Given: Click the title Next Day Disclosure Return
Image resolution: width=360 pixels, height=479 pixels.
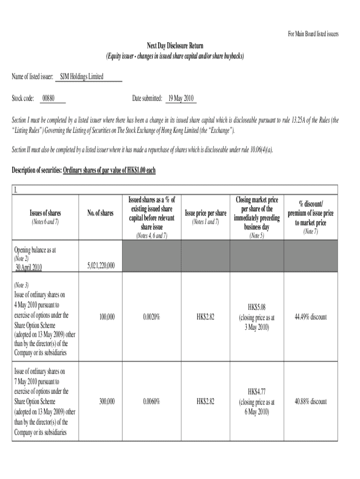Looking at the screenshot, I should tap(175, 46).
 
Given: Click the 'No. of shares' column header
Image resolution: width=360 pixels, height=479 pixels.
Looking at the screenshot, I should tap(100, 213).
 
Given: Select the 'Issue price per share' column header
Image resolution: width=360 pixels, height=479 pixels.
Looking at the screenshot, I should tap(206, 213).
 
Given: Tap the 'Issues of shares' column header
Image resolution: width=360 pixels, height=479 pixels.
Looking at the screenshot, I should tap(45, 213).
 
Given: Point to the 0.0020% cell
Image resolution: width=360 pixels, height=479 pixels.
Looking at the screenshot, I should tap(152, 317).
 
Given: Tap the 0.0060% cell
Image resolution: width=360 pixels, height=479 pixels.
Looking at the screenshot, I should tap(152, 401).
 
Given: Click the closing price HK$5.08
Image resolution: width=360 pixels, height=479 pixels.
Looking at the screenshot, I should tap(257, 307).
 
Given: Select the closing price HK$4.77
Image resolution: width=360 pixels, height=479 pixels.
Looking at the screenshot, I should tap(257, 392).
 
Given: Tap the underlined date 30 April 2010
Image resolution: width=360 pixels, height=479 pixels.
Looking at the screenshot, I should tap(29, 267).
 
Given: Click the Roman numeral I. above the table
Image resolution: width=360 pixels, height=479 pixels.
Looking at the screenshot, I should tap(16, 190).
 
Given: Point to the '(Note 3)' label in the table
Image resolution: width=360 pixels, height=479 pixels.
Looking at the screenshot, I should tap(22, 285).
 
